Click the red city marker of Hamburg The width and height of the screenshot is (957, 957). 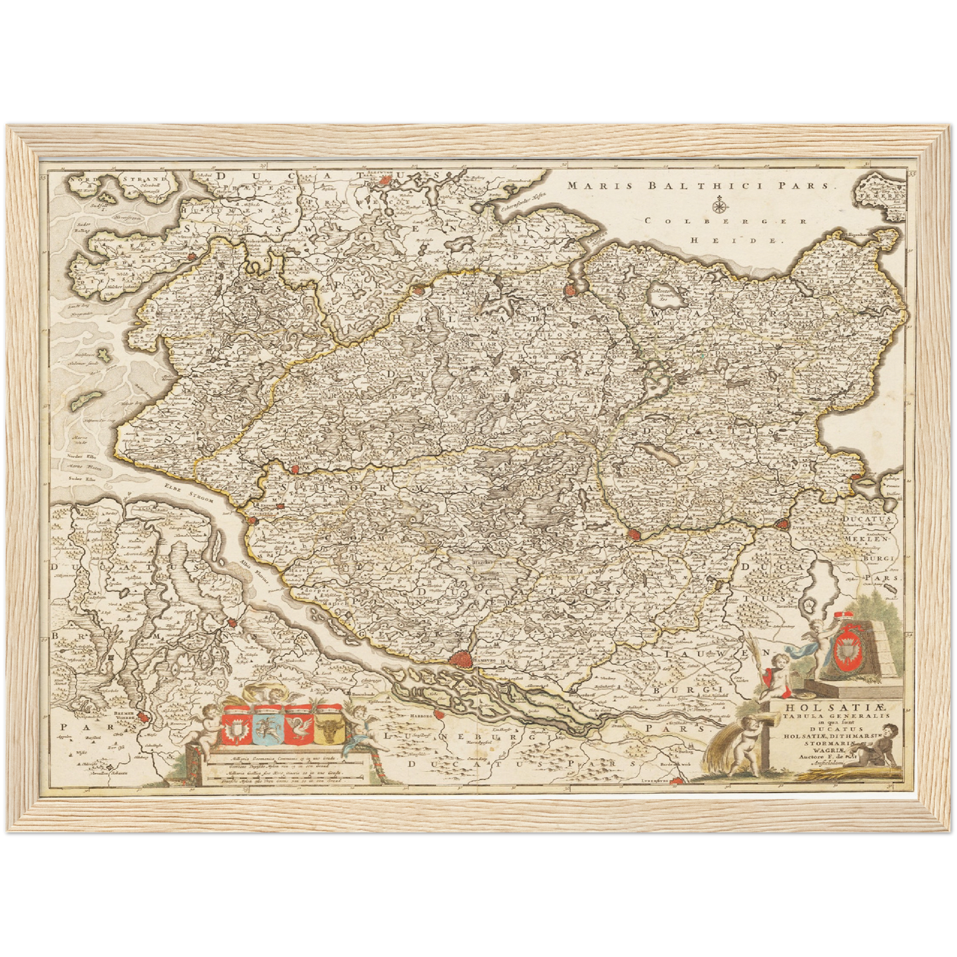(x=458, y=659)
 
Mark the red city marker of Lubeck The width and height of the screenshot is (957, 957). (x=634, y=534)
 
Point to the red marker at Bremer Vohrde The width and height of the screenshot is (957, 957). (x=146, y=728)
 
